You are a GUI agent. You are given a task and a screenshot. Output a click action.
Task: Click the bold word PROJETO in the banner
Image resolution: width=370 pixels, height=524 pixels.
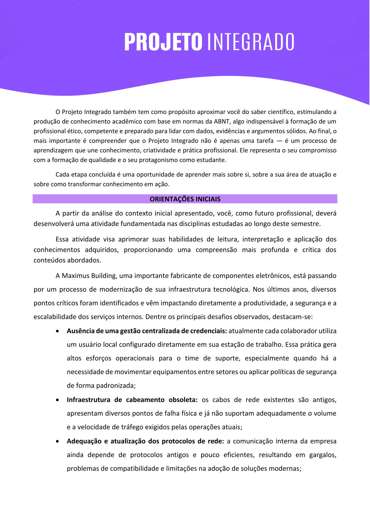163,42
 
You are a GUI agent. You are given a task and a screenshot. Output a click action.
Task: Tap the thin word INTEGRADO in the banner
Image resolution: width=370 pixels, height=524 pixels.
251,42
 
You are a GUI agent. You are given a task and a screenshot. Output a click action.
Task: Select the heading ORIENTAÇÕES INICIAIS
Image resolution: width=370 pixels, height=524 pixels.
185,199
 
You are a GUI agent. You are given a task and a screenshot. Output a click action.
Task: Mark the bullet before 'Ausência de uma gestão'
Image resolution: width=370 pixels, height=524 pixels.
58,331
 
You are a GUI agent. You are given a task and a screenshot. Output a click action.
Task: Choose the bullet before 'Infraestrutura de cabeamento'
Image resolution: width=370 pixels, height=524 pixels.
58,400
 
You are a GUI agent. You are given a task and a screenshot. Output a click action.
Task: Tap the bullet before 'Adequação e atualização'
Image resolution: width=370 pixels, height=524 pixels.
58,441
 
